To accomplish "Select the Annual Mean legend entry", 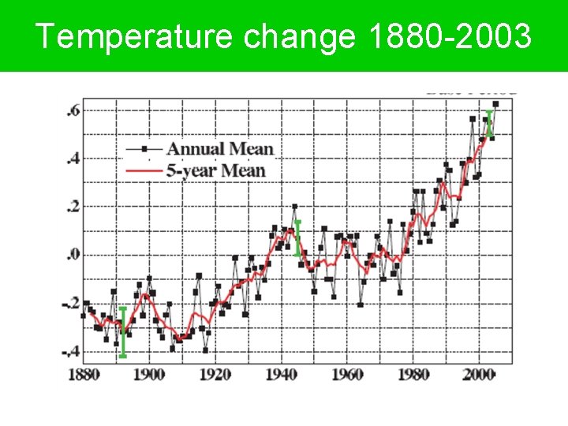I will point(219,148).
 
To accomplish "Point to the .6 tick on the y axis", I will point(72,111).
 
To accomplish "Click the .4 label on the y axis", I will point(72,159).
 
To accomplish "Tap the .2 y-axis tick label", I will point(72,207).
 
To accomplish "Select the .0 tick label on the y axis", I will point(72,255).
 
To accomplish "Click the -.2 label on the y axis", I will point(70,303).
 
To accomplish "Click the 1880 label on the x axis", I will point(84,373).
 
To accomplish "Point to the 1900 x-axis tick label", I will point(149,373).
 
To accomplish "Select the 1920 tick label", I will point(215,373).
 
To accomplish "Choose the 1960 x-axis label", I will point(347,373).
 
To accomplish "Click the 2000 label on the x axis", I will point(479,373).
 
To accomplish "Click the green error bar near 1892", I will point(123,332).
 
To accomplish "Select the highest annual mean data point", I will point(495,104).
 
